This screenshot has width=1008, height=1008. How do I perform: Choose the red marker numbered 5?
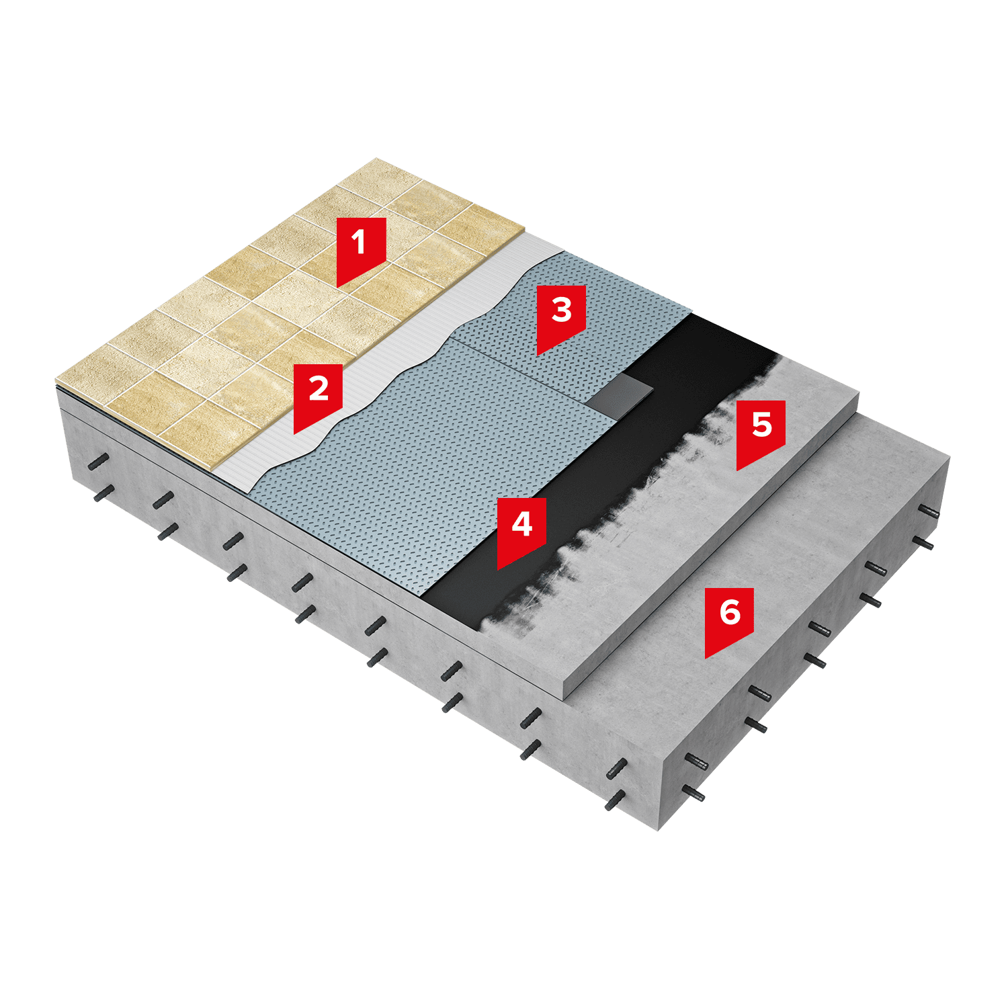(x=761, y=431)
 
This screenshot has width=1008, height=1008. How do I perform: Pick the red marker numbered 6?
(x=729, y=618)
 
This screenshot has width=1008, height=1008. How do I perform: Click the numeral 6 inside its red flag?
(x=730, y=612)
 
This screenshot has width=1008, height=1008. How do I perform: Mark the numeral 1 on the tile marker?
(x=360, y=242)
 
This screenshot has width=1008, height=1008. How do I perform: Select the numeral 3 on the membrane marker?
(x=561, y=310)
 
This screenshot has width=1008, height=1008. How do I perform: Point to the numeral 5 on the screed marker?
(x=761, y=425)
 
